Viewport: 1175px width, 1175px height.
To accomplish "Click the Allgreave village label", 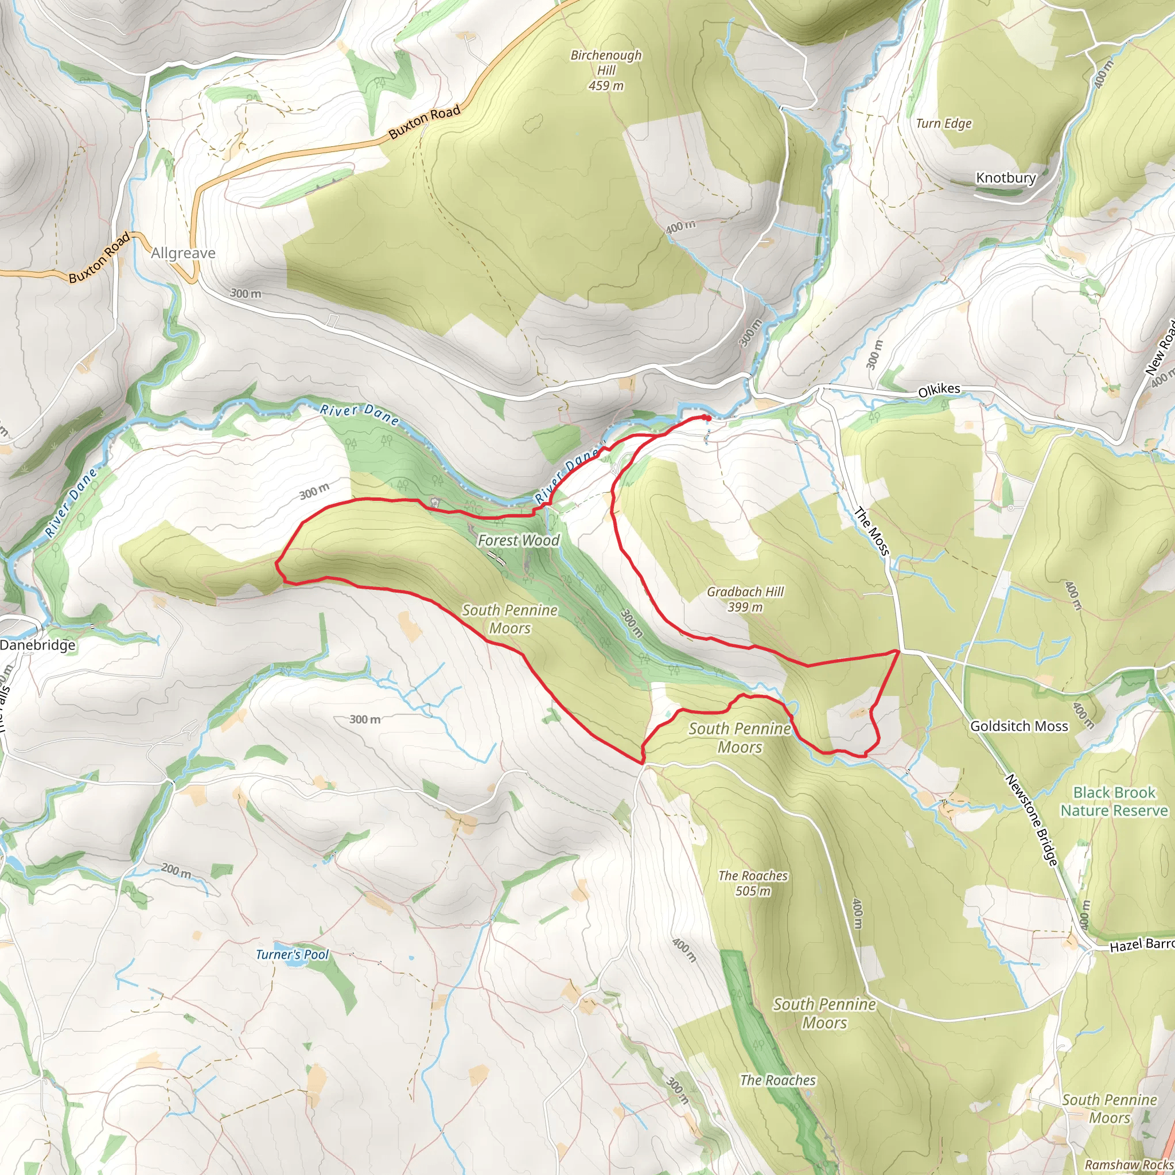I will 183,253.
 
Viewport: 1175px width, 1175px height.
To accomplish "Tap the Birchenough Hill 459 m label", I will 606,71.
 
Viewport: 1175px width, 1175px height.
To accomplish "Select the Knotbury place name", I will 1005,178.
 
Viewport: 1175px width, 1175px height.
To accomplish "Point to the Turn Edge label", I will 943,123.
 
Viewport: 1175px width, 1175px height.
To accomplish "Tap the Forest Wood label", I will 518,540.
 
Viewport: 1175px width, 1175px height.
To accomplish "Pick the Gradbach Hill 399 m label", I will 745,599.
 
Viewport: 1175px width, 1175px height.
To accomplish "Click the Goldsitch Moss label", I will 1019,726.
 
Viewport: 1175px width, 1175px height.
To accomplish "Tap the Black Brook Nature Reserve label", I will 1114,802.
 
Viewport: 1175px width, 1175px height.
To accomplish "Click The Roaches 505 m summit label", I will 752,883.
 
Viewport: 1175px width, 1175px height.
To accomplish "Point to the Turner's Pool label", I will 292,954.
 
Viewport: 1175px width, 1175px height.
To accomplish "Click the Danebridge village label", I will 38,645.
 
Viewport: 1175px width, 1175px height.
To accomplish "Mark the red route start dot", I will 707,418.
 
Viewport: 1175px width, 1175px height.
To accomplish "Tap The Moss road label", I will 871,531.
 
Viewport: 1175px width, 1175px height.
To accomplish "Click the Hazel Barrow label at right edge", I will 1142,944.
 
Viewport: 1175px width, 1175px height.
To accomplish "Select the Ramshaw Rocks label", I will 1129,1164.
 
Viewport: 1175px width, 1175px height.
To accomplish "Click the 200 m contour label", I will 176,871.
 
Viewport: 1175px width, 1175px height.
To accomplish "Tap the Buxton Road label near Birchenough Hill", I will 425,122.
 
